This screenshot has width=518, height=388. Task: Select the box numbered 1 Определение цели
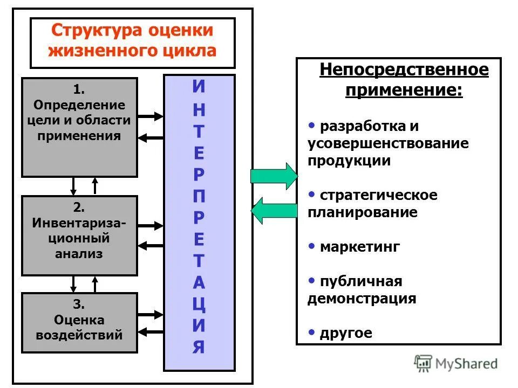click(x=79, y=127)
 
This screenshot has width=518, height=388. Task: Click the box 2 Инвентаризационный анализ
click(x=79, y=235)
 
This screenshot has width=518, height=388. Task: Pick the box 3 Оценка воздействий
click(x=79, y=322)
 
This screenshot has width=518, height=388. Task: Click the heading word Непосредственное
click(x=404, y=70)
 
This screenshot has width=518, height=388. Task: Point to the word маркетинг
click(x=360, y=247)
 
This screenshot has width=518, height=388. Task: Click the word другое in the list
click(x=346, y=332)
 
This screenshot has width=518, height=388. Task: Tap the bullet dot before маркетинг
click(x=312, y=246)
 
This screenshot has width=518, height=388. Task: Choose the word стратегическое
click(x=378, y=195)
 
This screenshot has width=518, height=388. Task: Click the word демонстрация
click(x=362, y=299)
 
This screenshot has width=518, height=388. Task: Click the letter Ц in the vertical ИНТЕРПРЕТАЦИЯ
click(x=199, y=305)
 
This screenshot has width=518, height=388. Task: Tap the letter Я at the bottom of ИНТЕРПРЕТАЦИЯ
click(x=199, y=347)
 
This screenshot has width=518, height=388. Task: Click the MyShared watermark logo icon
click(x=423, y=364)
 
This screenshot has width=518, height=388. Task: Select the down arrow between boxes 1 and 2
click(x=74, y=186)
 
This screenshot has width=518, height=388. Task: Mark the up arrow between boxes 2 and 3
click(x=95, y=283)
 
